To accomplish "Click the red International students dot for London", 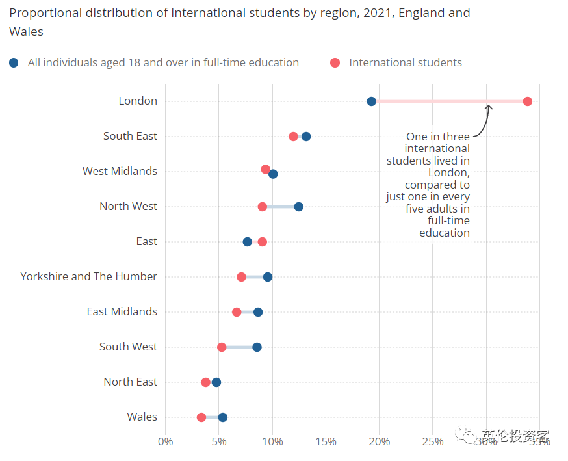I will click(x=527, y=101).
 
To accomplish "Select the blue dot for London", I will click(x=371, y=101).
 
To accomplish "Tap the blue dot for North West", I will click(x=298, y=207).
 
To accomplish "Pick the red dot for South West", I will click(x=222, y=347).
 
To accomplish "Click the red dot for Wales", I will click(x=201, y=417).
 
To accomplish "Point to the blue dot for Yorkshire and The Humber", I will click(x=267, y=277).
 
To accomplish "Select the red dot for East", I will click(x=262, y=242).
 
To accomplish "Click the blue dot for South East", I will click(x=305, y=137).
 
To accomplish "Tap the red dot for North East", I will click(x=205, y=382).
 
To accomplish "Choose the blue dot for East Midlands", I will click(x=258, y=312).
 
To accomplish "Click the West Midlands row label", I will click(x=120, y=171).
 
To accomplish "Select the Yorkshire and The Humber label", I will click(x=88, y=276).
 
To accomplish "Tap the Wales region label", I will click(x=142, y=417).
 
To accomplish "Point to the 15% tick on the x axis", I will click(x=326, y=442).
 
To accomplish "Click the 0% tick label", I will click(x=166, y=442).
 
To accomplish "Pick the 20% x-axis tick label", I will click(x=380, y=442).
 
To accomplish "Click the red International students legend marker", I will click(x=335, y=63).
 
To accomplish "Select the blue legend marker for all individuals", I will click(x=14, y=63).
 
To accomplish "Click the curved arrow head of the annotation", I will click(x=489, y=105).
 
